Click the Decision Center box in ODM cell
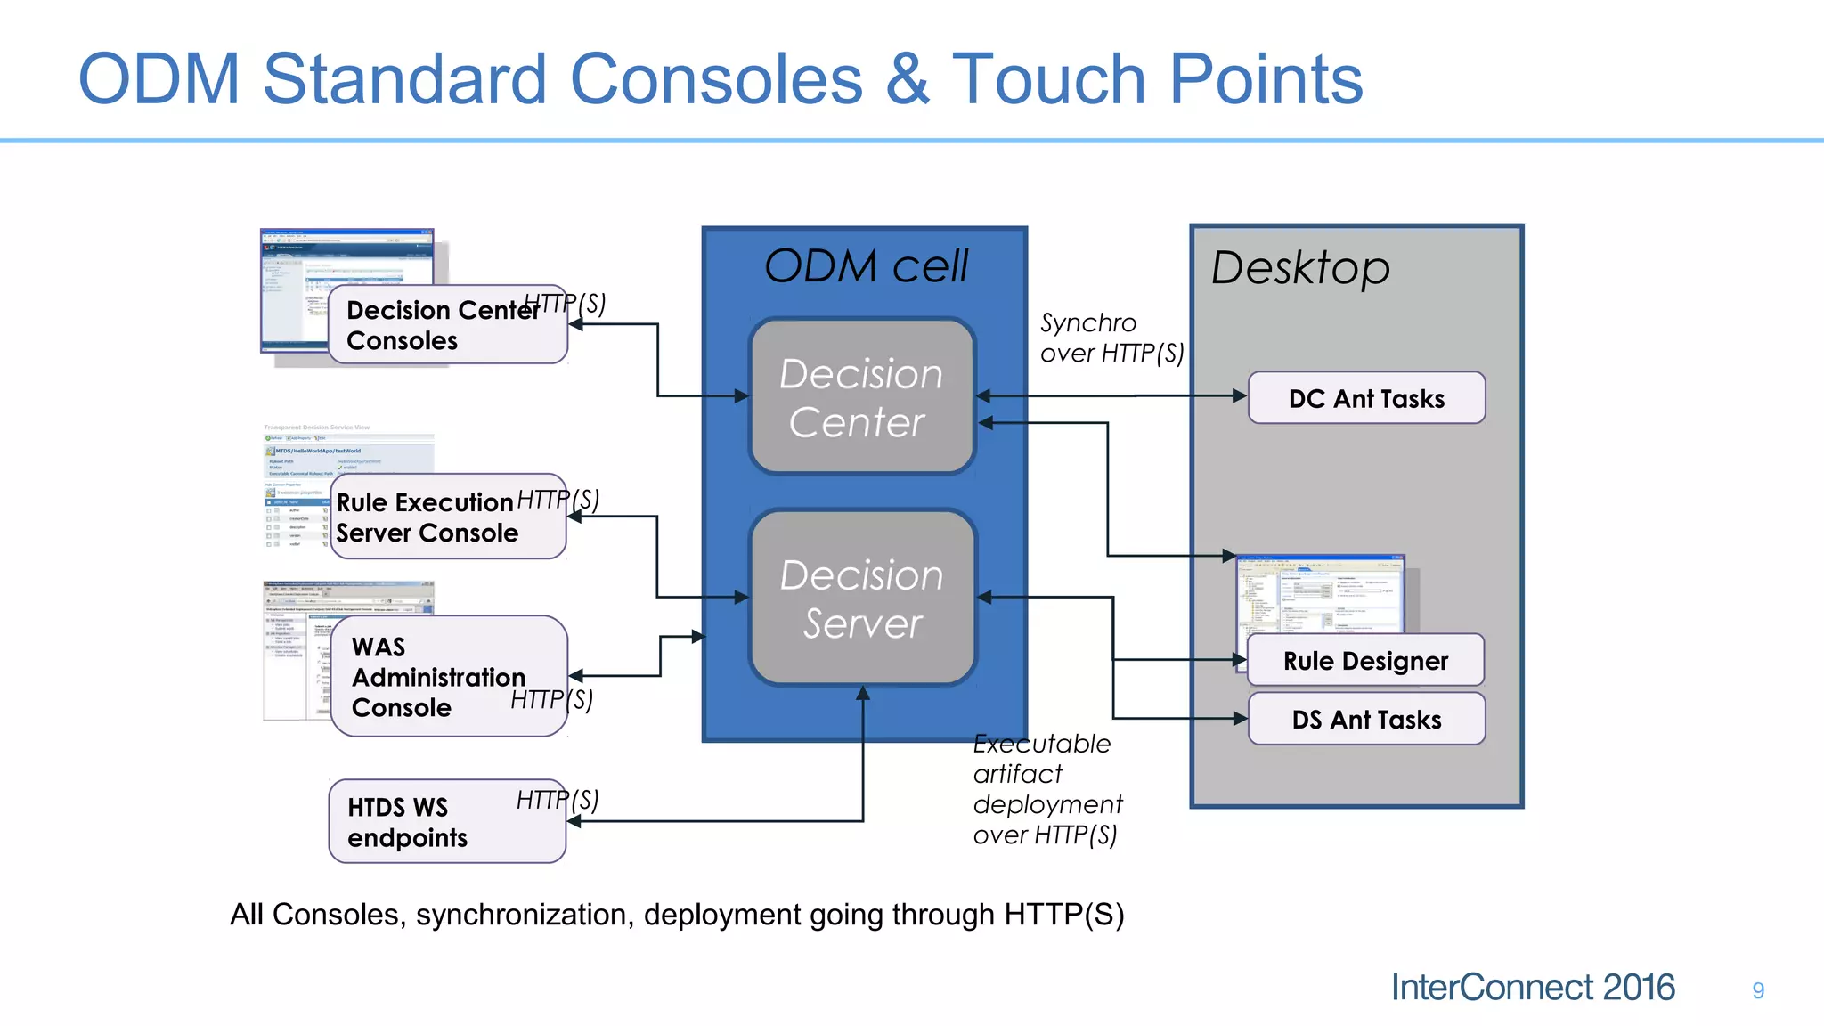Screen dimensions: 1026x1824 coord(862,396)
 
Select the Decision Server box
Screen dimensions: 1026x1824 coord(862,598)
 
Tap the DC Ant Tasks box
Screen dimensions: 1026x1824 coord(1366,398)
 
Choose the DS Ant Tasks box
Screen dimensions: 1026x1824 coord(1366,719)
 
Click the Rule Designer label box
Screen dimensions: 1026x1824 coord(1365,661)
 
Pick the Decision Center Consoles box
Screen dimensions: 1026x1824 coord(445,326)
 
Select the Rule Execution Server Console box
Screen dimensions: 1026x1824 coord(445,517)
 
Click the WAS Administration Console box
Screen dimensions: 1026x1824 coord(445,677)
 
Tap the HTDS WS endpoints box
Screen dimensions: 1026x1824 coord(445,822)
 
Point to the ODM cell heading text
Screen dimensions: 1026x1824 coord(866,266)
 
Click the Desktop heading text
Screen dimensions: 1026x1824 coord(1300,267)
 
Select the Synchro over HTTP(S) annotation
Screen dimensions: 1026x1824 coord(1111,338)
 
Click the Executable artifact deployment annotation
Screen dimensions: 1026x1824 coord(1047,789)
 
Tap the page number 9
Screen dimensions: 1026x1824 coord(1758,990)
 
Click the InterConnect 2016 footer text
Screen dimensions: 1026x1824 coord(1532,988)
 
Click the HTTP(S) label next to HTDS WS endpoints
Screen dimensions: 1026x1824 coord(558,800)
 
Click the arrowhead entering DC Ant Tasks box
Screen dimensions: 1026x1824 coord(1240,395)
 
